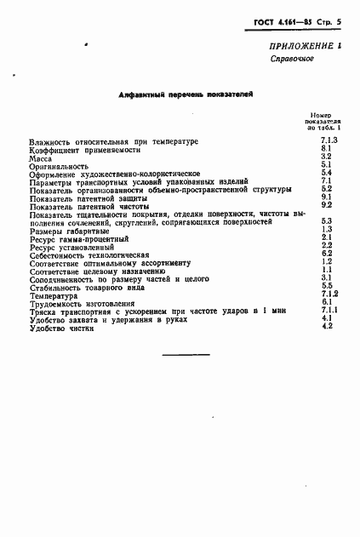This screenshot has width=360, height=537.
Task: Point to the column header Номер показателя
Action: click(x=324, y=122)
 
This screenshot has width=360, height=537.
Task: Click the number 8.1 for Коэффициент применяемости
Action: click(x=325, y=148)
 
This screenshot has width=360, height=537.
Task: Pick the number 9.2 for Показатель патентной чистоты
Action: click(x=325, y=205)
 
